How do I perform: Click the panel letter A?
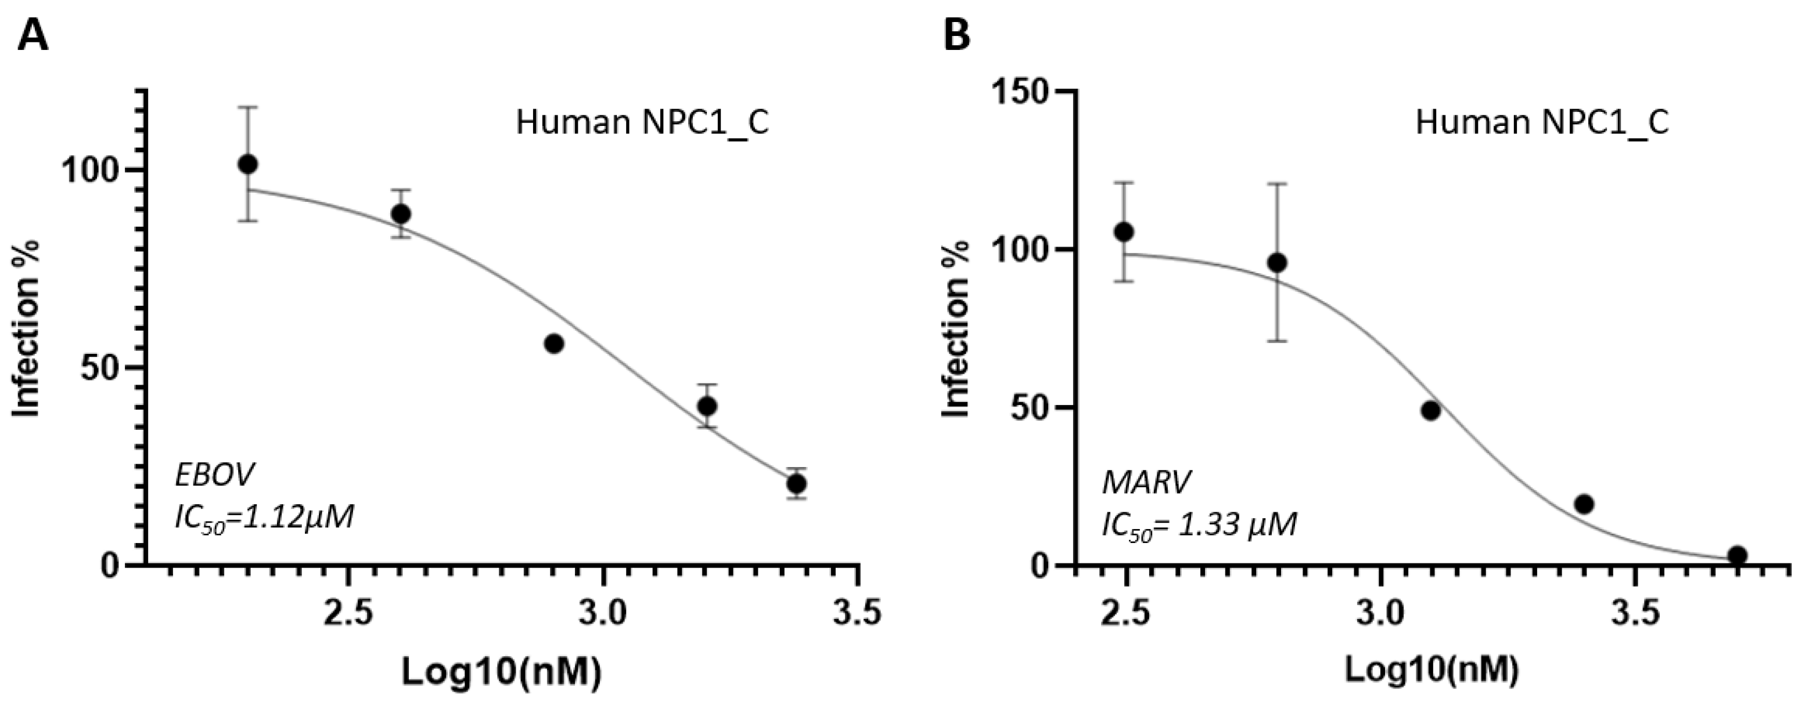33,35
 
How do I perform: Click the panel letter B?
957,35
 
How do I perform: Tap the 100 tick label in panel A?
91,171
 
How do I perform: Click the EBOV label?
215,476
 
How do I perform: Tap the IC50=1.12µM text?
264,519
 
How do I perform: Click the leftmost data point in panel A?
247,164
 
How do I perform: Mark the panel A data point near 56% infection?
554,343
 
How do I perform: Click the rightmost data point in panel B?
1737,555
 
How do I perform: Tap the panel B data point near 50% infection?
1430,410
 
